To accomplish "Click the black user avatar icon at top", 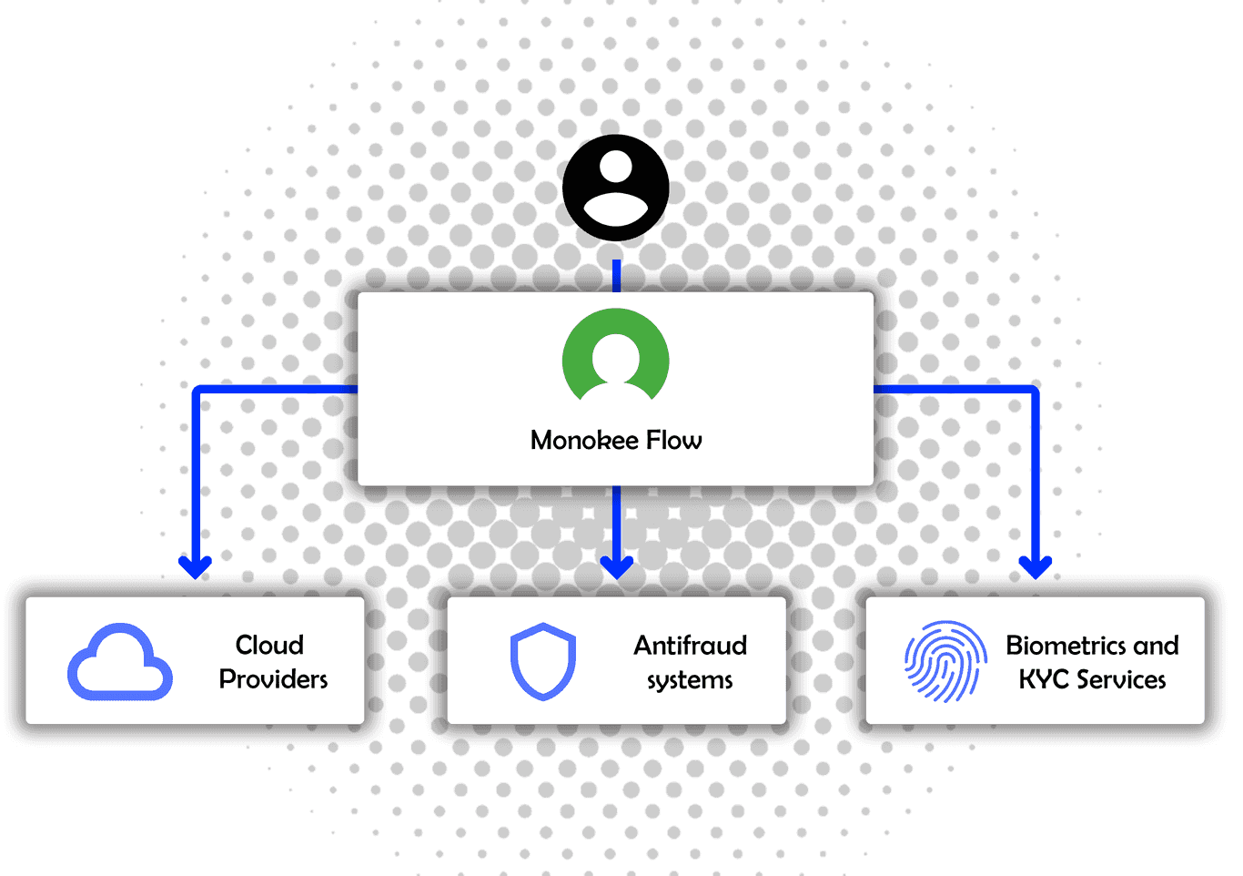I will click(x=616, y=188).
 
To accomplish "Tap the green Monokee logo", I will click(x=616, y=357).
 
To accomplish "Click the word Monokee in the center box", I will click(x=584, y=441).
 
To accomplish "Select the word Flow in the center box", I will click(x=673, y=441).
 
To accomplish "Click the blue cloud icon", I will click(x=120, y=663).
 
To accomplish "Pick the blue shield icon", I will click(x=543, y=662).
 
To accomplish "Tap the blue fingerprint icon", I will click(x=945, y=662).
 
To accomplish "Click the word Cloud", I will click(x=269, y=645).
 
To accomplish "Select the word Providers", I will click(x=273, y=679).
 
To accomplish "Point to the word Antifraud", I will click(x=690, y=646).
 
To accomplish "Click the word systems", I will click(x=690, y=680).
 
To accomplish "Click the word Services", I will click(x=1120, y=680).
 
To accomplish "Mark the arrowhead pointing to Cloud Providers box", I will click(x=196, y=566).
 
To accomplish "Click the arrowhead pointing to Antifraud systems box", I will click(x=617, y=566).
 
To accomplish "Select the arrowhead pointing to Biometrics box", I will click(x=1036, y=566).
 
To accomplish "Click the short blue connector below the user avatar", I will click(x=617, y=275).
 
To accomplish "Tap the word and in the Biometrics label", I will click(x=1156, y=646).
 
